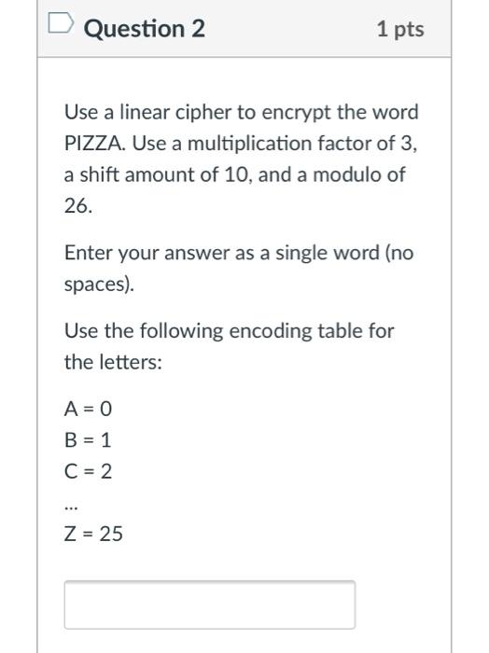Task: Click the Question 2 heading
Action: tap(144, 29)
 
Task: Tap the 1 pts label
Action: tap(400, 29)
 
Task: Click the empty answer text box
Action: tap(209, 604)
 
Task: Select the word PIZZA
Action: tap(91, 144)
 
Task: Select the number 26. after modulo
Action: tap(77, 205)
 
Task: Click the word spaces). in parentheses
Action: tap(99, 284)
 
